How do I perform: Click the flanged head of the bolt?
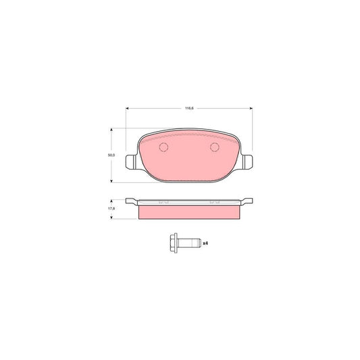(172, 242)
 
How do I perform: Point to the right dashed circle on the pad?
(215, 149)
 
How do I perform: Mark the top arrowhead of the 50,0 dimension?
(111, 130)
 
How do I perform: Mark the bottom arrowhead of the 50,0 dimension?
(111, 180)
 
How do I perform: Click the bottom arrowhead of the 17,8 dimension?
(111, 217)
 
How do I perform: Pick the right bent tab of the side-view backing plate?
(248, 200)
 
